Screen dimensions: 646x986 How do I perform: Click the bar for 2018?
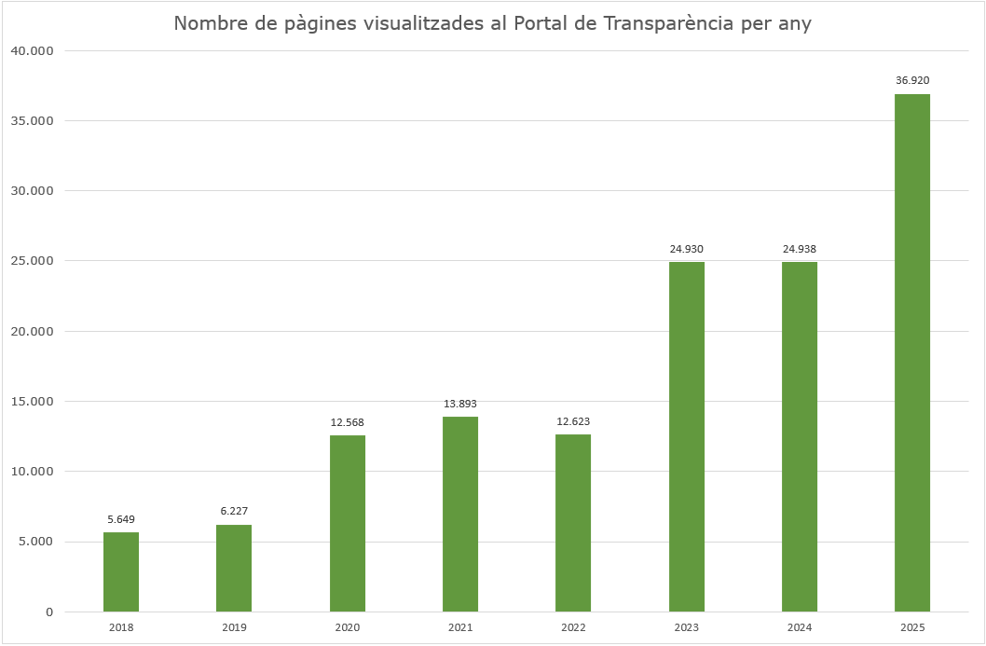click(x=121, y=571)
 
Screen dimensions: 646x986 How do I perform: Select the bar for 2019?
click(x=234, y=568)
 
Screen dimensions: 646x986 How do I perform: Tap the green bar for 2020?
click(x=348, y=523)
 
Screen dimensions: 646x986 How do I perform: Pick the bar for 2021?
click(x=460, y=514)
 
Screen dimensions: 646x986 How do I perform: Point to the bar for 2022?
click(x=573, y=523)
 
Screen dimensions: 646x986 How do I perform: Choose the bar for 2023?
click(x=687, y=436)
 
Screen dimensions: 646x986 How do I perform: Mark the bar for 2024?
click(x=800, y=436)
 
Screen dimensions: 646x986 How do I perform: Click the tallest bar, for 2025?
click(x=912, y=352)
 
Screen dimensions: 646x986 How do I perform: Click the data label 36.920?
click(x=912, y=81)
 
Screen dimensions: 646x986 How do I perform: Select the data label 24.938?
click(x=800, y=249)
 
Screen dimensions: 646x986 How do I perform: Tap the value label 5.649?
click(x=121, y=519)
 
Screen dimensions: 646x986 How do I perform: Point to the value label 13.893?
click(x=460, y=404)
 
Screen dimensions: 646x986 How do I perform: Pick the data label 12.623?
click(x=573, y=421)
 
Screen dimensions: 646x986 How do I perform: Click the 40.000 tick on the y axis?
click(x=33, y=50)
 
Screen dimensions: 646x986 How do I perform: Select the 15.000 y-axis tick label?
click(x=33, y=402)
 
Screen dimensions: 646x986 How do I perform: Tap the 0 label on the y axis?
click(x=49, y=612)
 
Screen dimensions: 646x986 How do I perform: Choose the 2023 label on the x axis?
click(x=687, y=628)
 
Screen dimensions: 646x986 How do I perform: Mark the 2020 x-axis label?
click(x=348, y=628)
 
